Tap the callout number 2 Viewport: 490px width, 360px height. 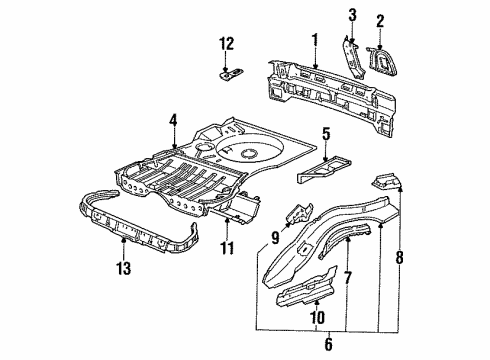tap(380, 21)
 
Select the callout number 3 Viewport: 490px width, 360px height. tap(352, 15)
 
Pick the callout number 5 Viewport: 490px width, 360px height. tap(326, 134)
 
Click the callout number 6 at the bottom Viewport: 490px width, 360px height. tap(329, 344)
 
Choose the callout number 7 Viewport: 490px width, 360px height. tap(347, 277)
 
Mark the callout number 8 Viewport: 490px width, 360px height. tap(400, 257)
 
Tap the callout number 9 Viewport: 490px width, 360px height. tap(275, 238)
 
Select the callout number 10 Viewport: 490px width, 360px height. tap(318, 318)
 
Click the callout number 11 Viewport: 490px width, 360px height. tap(227, 248)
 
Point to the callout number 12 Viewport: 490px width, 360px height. tap(226, 44)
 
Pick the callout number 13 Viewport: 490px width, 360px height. tap(123, 268)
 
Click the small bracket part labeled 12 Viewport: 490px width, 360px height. tap(231, 74)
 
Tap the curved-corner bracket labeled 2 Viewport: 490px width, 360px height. tap(382, 61)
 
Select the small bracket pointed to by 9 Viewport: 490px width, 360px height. tap(299, 213)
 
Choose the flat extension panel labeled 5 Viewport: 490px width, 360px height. tap(323, 170)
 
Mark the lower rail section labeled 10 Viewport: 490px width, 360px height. tap(306, 287)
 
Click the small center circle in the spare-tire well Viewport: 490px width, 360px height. tap(249, 153)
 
